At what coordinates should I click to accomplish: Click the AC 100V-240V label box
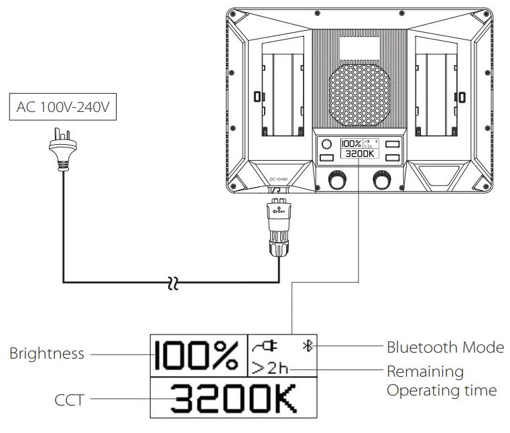(x=62, y=107)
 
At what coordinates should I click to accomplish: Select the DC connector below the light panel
(x=278, y=228)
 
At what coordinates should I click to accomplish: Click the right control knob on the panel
(x=382, y=181)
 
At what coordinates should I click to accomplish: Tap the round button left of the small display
(x=327, y=144)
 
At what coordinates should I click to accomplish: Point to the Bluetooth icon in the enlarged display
(x=308, y=346)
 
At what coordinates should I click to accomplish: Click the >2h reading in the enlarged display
(x=269, y=368)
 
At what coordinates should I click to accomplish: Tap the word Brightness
(x=47, y=353)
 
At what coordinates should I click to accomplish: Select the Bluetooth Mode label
(x=445, y=347)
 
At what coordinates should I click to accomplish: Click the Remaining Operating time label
(x=441, y=381)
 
